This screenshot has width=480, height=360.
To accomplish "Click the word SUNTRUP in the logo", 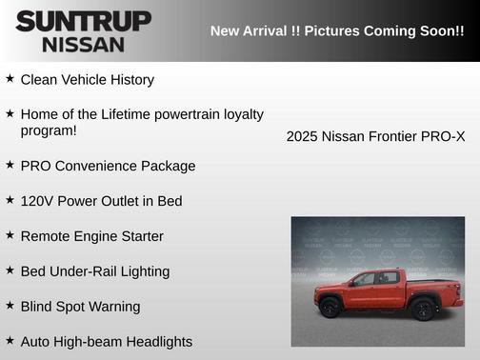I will tap(83, 21).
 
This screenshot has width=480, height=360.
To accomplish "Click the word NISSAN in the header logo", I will tap(83, 44).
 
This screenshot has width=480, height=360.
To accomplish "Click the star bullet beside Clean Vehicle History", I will tap(10, 79).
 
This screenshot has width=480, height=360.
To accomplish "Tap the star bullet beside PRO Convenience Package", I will tap(10, 165).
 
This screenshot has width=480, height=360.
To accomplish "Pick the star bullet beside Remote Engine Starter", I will tap(10, 235).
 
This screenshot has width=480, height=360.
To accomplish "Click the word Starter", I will tap(139, 236).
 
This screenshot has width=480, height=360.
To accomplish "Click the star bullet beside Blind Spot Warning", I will tap(10, 306).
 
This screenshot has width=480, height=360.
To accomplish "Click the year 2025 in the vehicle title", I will tap(302, 136).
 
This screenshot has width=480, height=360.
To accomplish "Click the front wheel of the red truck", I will tap(330, 308).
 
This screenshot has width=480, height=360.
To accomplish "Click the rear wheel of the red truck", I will tap(423, 308).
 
